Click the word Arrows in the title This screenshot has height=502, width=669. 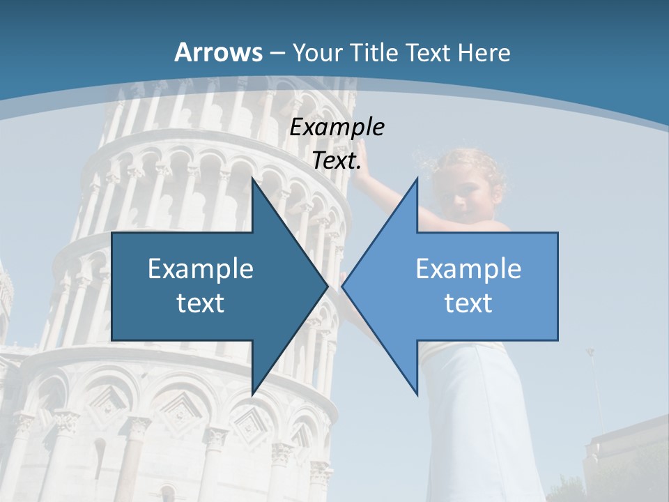[219, 52]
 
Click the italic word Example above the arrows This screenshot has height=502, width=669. [337, 128]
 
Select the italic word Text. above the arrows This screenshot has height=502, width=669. [337, 161]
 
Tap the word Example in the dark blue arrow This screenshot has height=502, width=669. [201, 269]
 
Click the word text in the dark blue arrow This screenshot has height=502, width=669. [201, 303]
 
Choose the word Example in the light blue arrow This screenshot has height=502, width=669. [468, 269]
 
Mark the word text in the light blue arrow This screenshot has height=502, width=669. [468, 303]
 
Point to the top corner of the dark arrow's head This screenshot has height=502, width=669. [252, 179]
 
